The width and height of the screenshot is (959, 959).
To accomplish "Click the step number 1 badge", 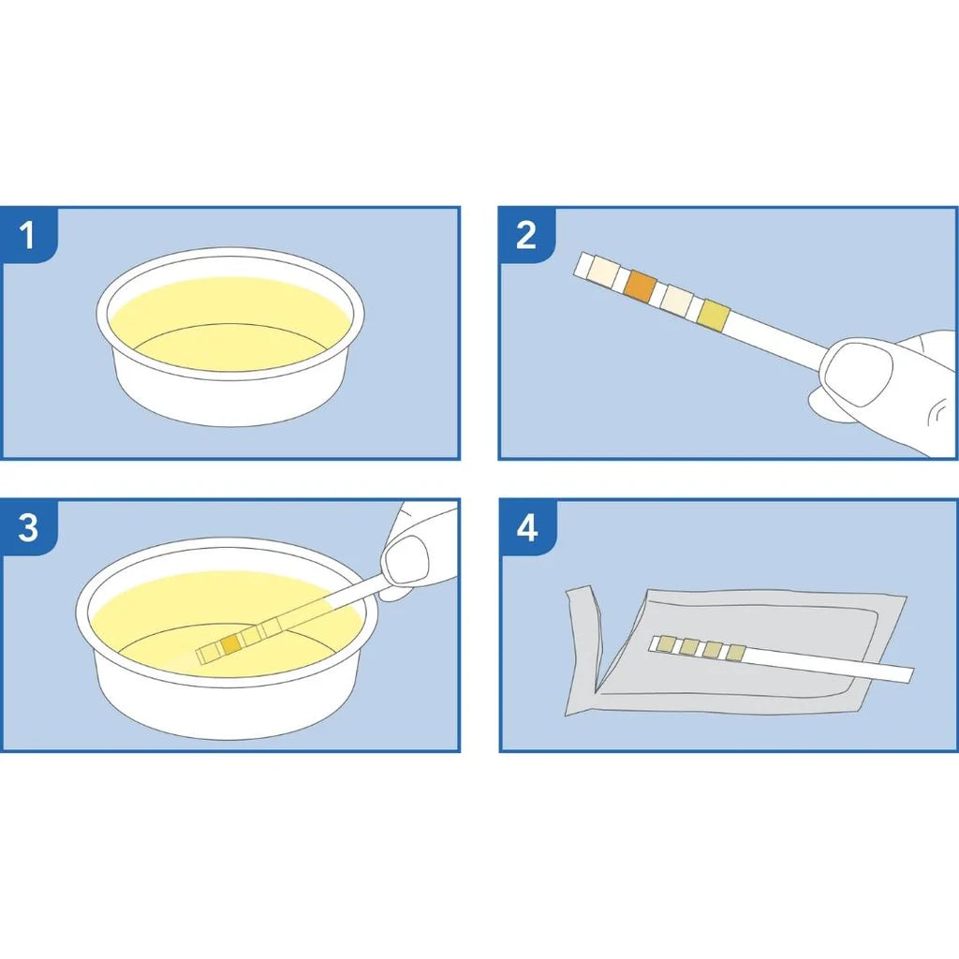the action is (28, 235).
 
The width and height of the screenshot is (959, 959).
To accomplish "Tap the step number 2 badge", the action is (526, 235).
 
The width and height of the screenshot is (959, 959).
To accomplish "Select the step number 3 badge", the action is (28, 527).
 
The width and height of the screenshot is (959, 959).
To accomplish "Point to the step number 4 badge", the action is (527, 527).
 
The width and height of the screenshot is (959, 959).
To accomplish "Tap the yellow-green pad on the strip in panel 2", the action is (714, 315).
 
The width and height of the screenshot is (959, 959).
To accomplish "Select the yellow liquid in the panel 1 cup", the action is (229, 324).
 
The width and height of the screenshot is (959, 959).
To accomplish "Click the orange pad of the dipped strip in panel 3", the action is (230, 644).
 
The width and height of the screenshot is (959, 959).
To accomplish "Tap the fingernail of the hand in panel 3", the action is (406, 559).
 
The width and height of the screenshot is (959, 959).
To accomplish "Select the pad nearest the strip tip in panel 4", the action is (666, 644).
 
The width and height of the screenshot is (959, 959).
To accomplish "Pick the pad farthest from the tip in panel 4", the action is (736, 653).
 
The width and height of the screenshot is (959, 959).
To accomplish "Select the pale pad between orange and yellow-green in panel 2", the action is (677, 301).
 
